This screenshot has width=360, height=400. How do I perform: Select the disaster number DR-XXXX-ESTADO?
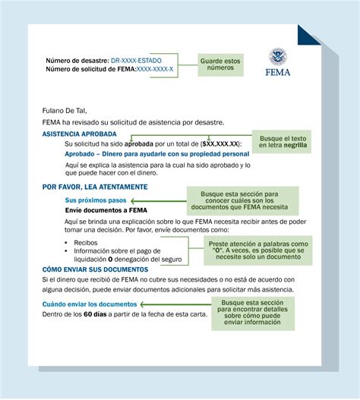click(x=136, y=60)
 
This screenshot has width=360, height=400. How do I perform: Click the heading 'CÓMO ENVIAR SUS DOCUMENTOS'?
click(x=96, y=269)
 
